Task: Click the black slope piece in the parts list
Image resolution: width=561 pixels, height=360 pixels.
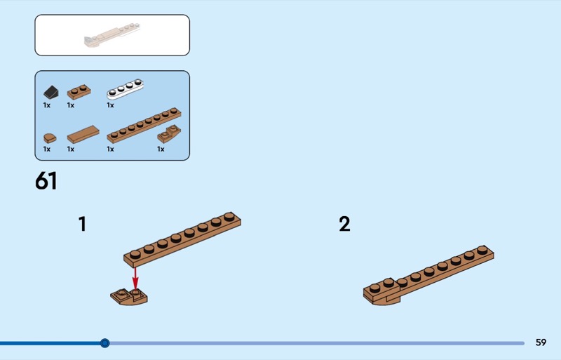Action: point(50,93)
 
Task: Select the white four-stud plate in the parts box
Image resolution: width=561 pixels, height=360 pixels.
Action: point(125,89)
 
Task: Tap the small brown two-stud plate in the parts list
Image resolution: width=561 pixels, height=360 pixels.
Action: point(79,92)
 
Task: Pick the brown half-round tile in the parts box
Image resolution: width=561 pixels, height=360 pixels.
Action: point(50,138)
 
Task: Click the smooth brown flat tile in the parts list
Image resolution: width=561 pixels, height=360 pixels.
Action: point(83,134)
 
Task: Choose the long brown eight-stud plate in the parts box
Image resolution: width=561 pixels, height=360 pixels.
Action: point(144,125)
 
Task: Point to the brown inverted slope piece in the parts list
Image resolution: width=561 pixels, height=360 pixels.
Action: point(169,133)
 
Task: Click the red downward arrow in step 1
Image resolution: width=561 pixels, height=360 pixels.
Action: point(135,279)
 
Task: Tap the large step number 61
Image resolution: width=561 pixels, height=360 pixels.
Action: point(46,180)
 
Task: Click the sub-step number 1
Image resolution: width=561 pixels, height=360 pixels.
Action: point(82,224)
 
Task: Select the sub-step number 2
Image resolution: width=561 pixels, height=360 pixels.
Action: point(344,224)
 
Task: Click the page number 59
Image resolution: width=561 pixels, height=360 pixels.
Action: point(541,342)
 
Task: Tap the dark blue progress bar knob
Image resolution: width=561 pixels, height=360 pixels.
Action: point(104,343)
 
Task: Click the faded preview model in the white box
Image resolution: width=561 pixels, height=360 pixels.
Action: point(112,36)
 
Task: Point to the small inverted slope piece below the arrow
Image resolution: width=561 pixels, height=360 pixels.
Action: point(129,297)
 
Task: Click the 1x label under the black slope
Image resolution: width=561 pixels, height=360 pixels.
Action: point(47,105)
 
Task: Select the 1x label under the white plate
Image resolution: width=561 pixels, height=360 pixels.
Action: point(110,105)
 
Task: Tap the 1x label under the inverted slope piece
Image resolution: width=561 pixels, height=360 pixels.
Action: point(161,149)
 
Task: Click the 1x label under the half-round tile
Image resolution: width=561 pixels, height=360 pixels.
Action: point(47,149)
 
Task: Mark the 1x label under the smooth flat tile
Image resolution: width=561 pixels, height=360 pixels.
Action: point(71,149)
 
